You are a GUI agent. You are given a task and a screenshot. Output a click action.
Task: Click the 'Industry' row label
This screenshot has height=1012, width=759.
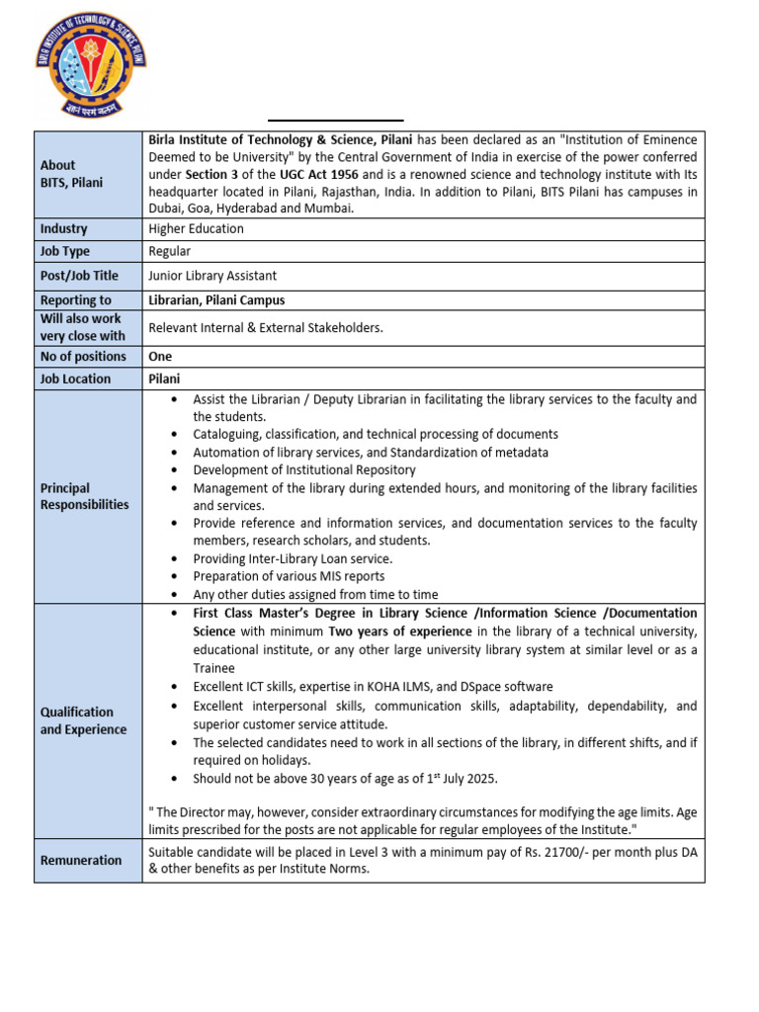click(63, 229)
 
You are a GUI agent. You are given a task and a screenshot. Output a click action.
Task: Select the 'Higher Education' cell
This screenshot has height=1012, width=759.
click(196, 229)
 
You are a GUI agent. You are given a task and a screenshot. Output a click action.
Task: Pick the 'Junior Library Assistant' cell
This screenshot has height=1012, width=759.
click(212, 276)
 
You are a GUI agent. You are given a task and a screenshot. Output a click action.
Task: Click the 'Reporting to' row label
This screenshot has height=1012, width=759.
click(75, 300)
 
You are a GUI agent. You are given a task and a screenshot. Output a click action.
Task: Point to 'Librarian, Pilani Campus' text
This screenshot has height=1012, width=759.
click(216, 300)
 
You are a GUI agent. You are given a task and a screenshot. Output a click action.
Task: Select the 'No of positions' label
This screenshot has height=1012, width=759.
click(83, 357)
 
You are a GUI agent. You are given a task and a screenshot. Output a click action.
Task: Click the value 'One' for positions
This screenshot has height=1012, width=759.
click(160, 357)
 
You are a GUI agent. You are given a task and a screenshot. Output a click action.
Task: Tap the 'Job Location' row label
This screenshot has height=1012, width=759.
click(75, 379)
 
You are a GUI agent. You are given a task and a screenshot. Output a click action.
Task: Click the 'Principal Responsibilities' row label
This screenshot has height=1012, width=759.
click(84, 496)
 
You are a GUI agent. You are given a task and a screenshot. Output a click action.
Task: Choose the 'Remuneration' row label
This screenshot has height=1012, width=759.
click(81, 861)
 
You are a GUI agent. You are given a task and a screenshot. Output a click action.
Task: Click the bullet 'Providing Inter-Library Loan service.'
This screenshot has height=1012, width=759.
click(293, 558)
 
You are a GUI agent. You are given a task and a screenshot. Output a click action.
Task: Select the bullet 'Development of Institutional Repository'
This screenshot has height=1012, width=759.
click(304, 470)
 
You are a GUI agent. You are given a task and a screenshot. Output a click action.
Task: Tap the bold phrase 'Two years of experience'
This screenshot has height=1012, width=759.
click(400, 632)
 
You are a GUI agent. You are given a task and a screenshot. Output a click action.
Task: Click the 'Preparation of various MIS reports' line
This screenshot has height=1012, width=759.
click(289, 576)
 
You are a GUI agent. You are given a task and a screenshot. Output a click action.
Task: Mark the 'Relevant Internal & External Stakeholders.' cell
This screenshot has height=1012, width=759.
click(265, 328)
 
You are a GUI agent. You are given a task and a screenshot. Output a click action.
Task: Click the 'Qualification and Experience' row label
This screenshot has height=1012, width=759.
click(83, 720)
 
